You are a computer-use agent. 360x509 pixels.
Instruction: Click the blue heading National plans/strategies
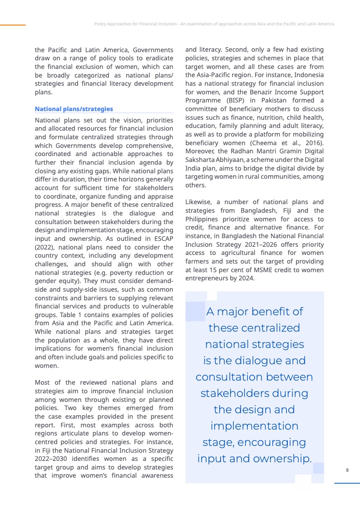pyautogui.click(x=74, y=109)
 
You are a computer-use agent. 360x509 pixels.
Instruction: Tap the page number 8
pyautogui.click(x=347, y=470)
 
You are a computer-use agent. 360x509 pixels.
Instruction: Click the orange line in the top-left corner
pyautogui.click(x=13, y=25)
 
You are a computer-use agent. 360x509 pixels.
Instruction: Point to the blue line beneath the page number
pyautogui.click(x=347, y=483)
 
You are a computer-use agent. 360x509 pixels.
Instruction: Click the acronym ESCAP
pyautogui.click(x=161, y=239)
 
